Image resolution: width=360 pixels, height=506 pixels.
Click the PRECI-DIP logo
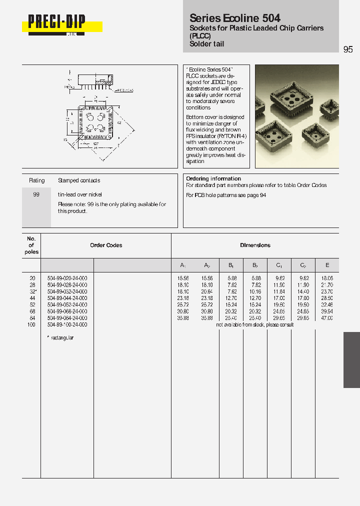pyautogui.click(x=56, y=22)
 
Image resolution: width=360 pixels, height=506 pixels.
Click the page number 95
pyautogui.click(x=348, y=49)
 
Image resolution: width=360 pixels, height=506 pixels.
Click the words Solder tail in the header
pyautogui.click(x=206, y=44)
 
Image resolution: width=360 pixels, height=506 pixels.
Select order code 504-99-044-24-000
pyautogui.click(x=67, y=298)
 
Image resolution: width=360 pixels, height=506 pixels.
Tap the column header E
pyautogui.click(x=327, y=265)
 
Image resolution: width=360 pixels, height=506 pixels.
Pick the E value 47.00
pyautogui.click(x=326, y=318)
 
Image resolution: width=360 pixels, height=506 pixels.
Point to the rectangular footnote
pyautogui.click(x=61, y=338)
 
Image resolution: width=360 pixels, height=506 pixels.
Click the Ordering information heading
pyautogui.click(x=213, y=178)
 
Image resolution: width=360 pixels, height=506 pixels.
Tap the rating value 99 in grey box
pyautogui.click(x=36, y=194)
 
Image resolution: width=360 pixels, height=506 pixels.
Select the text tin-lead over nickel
pyautogui.click(x=80, y=194)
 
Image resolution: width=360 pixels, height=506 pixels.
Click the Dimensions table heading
pyautogui.click(x=255, y=245)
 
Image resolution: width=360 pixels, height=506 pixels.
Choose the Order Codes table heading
pyautogui.click(x=106, y=245)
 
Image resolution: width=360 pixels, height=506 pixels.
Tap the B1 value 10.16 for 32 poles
pyautogui.click(x=254, y=291)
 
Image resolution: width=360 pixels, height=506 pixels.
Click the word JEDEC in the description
pyautogui.click(x=217, y=82)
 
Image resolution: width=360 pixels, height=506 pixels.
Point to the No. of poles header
pyautogui.click(x=31, y=245)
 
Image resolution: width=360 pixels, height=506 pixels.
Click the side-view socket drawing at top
pyautogui.click(x=93, y=81)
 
